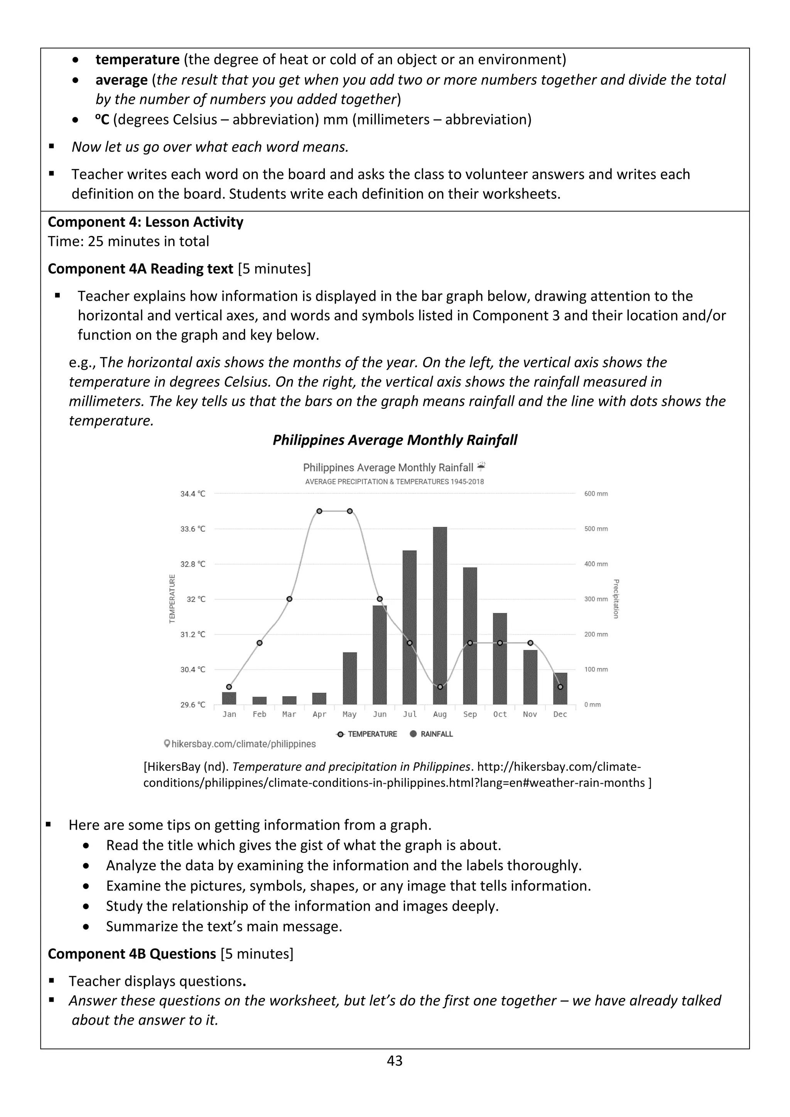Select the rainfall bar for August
tap(440, 616)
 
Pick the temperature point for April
tap(319, 511)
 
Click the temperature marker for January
tap(229, 687)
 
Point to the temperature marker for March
tap(289, 599)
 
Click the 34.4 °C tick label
tap(192, 494)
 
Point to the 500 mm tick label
tap(596, 529)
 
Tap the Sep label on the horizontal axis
tap(470, 714)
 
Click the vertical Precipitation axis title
tap(616, 599)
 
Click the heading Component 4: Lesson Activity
tap(145, 222)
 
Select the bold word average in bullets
tap(121, 80)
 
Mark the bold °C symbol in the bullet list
tap(102, 120)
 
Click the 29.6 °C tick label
tap(192, 704)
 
